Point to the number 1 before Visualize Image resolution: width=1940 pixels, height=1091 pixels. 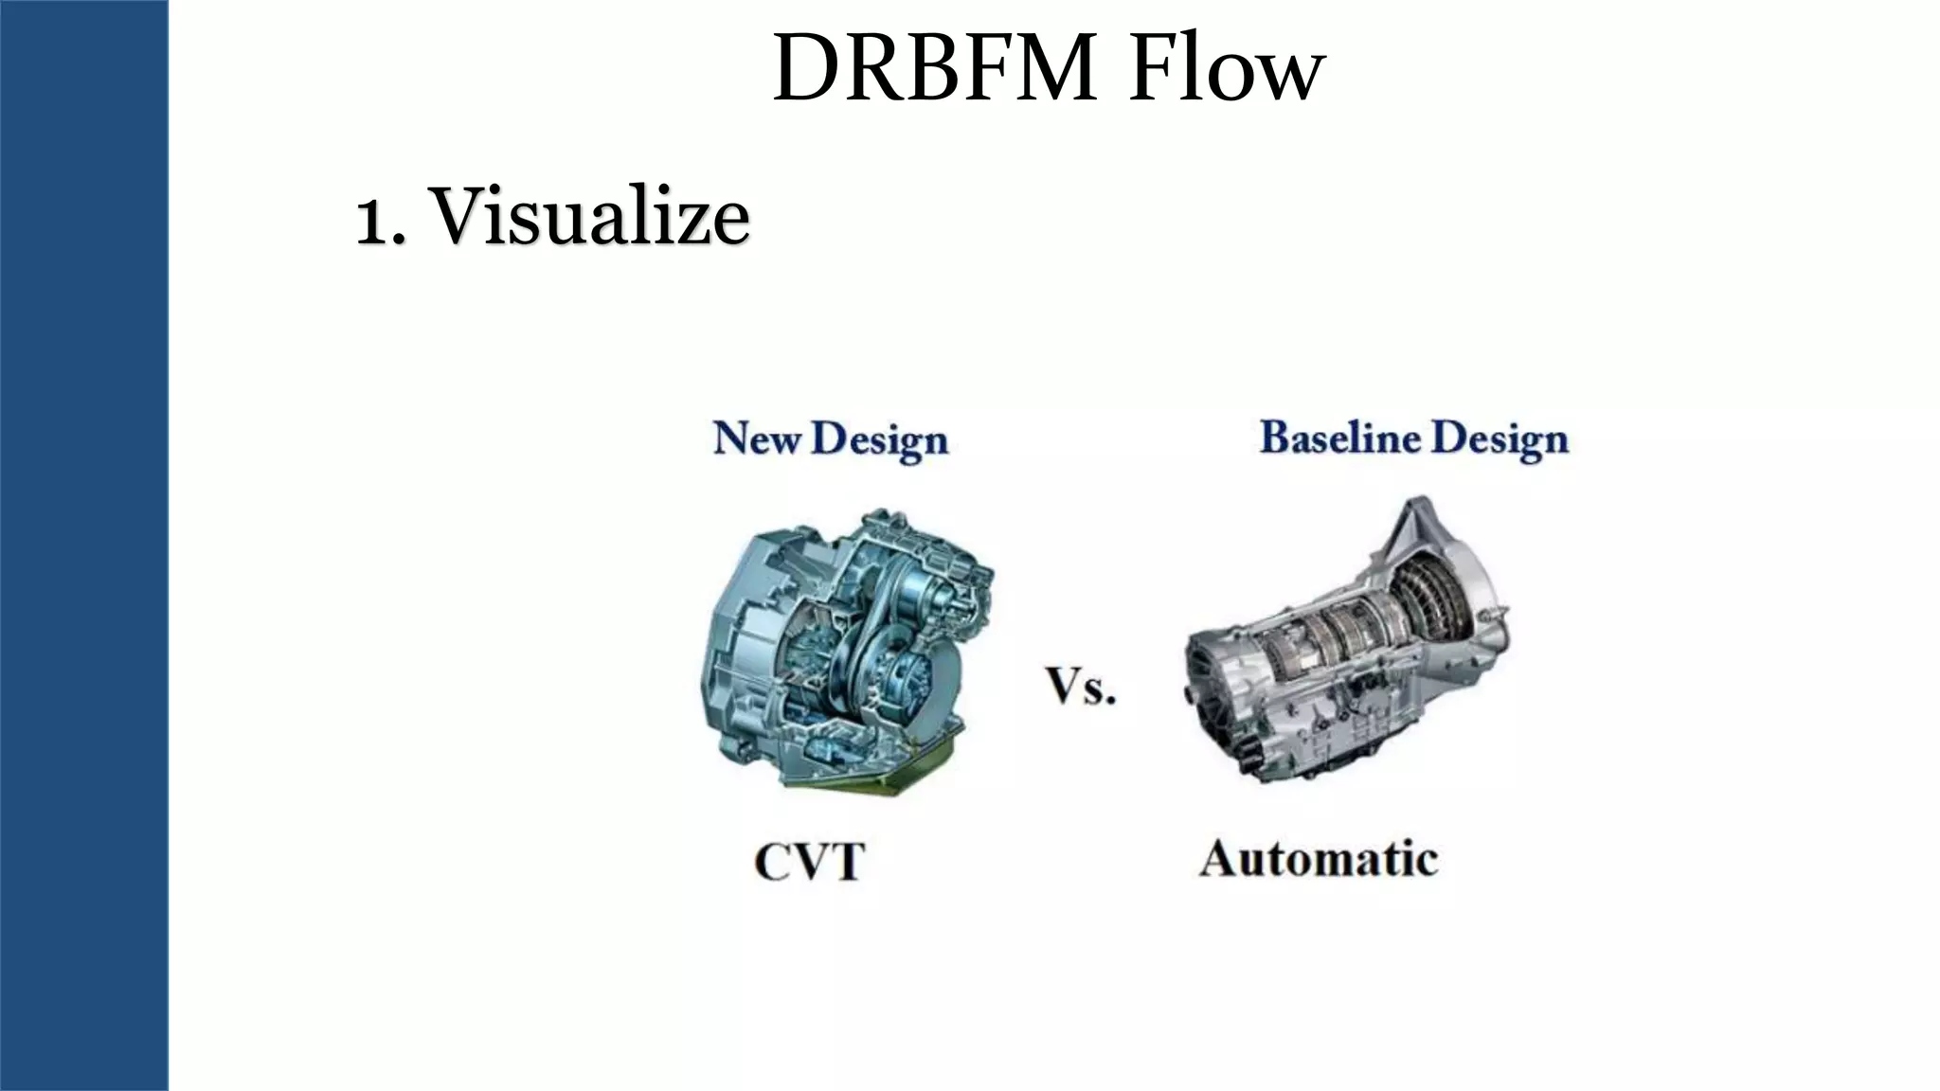[x=370, y=220]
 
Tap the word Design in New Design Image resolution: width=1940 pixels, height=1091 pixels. [x=879, y=440]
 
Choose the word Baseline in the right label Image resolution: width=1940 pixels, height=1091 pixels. [x=1338, y=438]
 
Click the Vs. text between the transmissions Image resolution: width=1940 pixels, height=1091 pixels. [x=1081, y=686]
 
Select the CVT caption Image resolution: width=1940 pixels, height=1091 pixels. [x=810, y=862]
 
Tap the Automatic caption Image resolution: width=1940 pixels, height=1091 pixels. [x=1319, y=860]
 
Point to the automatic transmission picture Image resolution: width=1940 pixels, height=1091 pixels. [x=1345, y=644]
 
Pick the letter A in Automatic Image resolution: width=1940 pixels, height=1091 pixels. [x=1222, y=860]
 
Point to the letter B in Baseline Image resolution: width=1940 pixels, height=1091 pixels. [x=1276, y=438]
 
